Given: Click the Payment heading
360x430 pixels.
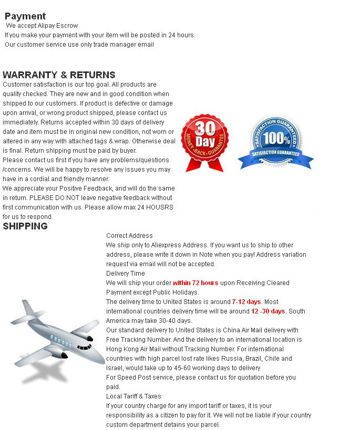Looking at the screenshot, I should coord(25,16).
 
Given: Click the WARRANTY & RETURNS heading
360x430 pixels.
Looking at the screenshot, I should coord(59,75).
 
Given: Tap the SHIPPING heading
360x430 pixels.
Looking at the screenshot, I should coord(25,226).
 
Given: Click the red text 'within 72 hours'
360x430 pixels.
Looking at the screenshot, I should coord(196,283).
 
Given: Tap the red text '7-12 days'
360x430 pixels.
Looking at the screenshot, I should coord(246,302).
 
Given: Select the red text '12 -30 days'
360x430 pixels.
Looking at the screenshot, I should coord(268,311).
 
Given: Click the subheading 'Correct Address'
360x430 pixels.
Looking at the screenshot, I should coord(129,236).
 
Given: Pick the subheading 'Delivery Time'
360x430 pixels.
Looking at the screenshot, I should coord(125,274).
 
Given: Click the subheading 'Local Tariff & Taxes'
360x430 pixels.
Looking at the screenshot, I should coord(133,396).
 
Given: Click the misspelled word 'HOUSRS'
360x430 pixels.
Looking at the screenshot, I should coord(161,207).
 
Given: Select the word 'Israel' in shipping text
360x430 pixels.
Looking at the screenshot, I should coord(115,368).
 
